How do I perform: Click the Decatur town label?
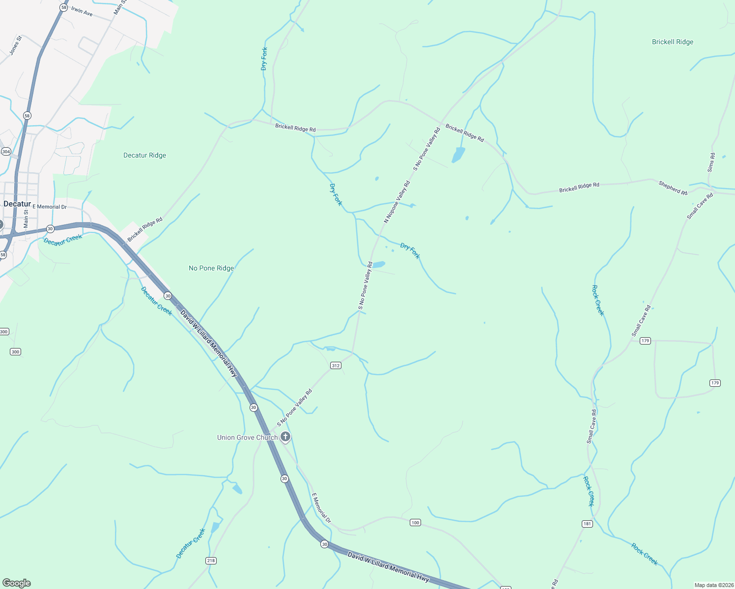click(17, 204)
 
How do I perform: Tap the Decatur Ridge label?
click(144, 155)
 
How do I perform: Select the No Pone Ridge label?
click(211, 268)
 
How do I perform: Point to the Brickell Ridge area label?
click(673, 42)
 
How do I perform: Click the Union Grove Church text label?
click(247, 437)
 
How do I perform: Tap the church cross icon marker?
click(285, 437)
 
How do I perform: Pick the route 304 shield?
click(6, 152)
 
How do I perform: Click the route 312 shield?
click(336, 366)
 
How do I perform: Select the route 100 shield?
click(415, 523)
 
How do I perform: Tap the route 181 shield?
click(587, 524)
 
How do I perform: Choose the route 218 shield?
click(211, 561)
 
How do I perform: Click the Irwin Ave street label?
click(82, 11)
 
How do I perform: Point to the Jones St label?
click(16, 45)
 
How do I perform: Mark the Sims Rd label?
click(711, 162)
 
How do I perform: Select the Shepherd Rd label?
click(673, 187)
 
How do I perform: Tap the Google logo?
click(17, 583)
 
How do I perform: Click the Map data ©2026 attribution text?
click(713, 585)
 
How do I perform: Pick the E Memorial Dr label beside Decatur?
click(50, 207)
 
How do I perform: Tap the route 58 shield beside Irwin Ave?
click(63, 7)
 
